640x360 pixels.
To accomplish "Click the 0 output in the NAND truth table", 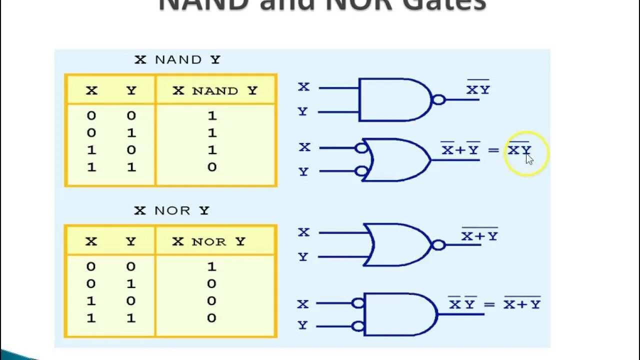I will click(x=212, y=167).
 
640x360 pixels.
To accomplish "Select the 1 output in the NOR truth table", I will click(x=211, y=266).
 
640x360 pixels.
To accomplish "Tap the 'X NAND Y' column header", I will click(x=215, y=90).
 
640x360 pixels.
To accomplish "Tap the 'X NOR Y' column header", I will click(x=209, y=241).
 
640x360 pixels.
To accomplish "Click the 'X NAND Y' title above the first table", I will click(x=177, y=59).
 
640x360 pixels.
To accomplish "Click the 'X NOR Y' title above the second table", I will click(x=171, y=210).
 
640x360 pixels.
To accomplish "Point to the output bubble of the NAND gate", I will click(x=438, y=99).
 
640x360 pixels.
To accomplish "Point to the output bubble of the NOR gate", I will click(x=438, y=245).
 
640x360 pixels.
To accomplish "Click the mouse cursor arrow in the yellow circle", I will click(x=529, y=158).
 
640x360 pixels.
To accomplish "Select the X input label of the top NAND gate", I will click(x=303, y=87).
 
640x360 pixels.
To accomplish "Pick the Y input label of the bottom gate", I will click(x=302, y=325).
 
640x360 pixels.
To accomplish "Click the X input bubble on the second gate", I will click(x=361, y=148).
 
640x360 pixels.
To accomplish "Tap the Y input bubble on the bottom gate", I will click(x=357, y=326).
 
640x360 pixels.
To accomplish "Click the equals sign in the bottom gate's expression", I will click(x=488, y=304).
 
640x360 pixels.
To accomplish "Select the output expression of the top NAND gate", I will click(x=478, y=89).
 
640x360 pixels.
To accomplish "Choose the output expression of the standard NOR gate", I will click(x=479, y=235).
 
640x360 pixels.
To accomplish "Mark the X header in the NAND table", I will click(x=91, y=90).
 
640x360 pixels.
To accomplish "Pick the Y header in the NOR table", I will click(x=131, y=241).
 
